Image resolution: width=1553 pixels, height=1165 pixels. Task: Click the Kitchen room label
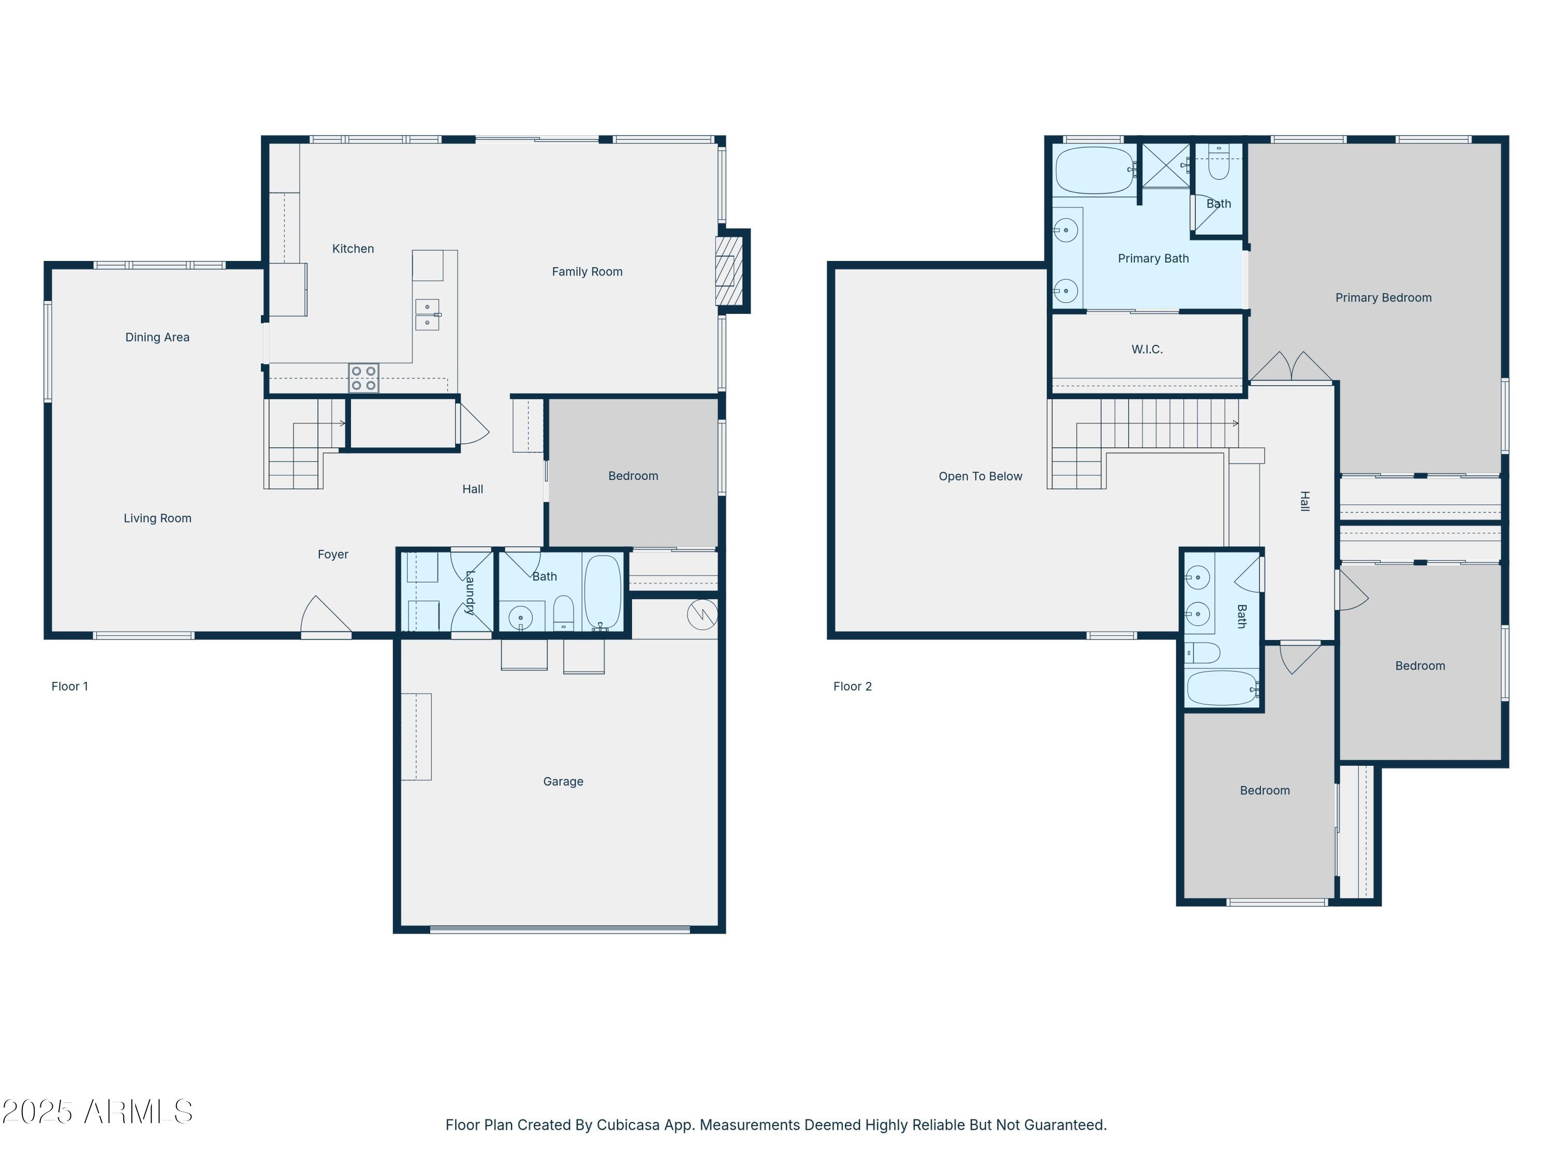coord(353,249)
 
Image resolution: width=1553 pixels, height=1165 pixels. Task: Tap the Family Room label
coord(587,272)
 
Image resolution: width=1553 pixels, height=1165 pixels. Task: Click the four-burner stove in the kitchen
coord(364,378)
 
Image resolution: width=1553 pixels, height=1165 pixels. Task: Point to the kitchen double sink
coord(427,315)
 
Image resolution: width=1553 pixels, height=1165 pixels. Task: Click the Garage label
coord(563,781)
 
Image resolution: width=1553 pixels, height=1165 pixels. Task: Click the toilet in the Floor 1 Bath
coord(564,614)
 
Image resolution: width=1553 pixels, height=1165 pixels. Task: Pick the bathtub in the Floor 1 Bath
coord(603,592)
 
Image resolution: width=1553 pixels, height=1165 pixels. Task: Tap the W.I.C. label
coord(1147,349)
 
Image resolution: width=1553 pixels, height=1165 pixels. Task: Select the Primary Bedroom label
coord(1383,298)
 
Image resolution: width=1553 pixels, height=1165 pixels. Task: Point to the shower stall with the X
coord(1165,166)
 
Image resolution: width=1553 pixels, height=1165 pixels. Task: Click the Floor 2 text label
coord(852,687)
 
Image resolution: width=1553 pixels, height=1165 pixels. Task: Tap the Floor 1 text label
coord(69,687)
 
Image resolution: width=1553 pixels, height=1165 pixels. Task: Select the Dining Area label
coord(157,337)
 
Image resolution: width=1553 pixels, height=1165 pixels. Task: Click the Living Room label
coord(157,518)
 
